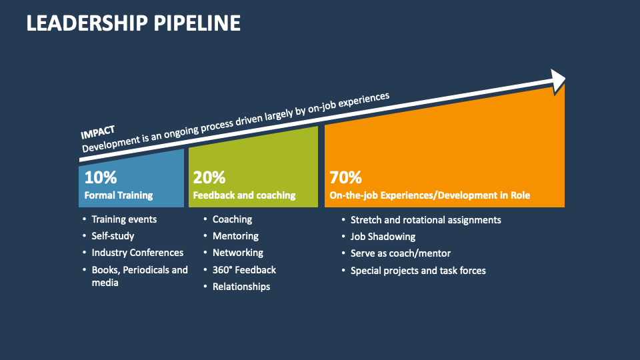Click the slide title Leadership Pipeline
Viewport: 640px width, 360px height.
tap(133, 23)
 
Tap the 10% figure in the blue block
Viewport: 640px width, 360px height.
tap(101, 178)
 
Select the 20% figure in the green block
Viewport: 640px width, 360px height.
tap(209, 178)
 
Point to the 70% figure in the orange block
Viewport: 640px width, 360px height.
tap(346, 178)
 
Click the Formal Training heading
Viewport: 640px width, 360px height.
tap(119, 195)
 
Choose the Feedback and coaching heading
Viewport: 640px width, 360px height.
tap(244, 195)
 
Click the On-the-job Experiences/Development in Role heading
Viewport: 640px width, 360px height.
tap(430, 195)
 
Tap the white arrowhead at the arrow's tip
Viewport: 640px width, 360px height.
tap(557, 80)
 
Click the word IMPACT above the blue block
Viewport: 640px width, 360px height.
tap(97, 132)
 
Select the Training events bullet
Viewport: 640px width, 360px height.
tap(124, 219)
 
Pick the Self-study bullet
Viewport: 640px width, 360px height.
tap(113, 235)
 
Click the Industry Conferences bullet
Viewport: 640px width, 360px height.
tap(137, 253)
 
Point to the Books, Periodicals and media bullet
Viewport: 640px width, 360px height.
tap(139, 276)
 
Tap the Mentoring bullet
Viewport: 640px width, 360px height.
tap(235, 235)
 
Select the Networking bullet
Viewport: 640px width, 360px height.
tap(237, 253)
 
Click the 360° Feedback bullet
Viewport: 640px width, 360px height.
tap(244, 269)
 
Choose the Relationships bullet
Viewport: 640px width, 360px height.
tap(241, 287)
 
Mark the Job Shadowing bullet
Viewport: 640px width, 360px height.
tap(383, 236)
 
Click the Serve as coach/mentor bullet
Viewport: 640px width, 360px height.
tap(400, 253)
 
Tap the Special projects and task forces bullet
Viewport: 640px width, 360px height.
tap(418, 270)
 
